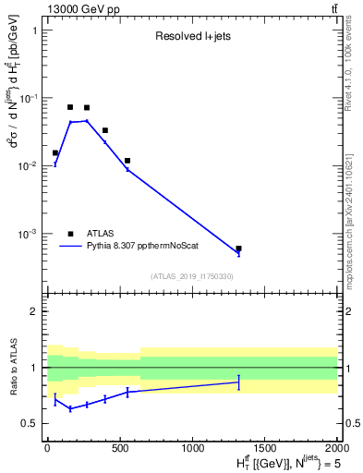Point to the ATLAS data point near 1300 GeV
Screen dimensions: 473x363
tap(238, 249)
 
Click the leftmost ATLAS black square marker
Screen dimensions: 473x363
tap(55, 152)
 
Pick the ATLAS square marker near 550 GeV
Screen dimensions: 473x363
tap(127, 161)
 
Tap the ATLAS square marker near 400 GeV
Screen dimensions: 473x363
tap(105, 130)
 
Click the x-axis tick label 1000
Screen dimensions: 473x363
tap(192, 447)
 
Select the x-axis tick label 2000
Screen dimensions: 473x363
tap(336, 447)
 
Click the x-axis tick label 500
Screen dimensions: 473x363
tap(119, 447)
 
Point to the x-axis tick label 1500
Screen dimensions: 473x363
tap(264, 447)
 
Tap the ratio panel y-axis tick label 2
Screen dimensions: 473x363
tap(34, 311)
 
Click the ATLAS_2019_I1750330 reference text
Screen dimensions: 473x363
tap(192, 276)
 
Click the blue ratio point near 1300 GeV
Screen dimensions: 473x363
tap(238, 382)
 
